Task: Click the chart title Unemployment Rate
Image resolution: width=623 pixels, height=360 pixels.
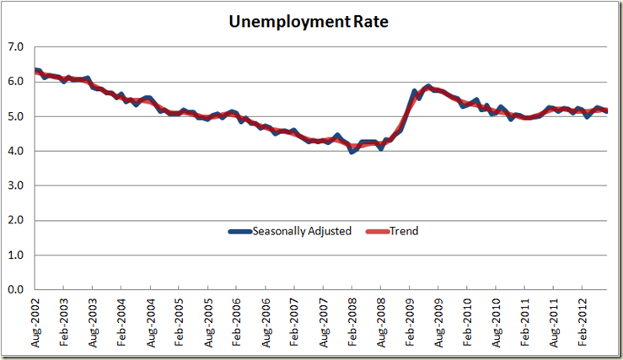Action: point(311,22)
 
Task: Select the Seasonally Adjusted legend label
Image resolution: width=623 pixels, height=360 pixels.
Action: point(301,231)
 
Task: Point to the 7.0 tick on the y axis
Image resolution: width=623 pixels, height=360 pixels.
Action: point(14,46)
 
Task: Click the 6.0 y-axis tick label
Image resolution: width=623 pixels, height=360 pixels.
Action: point(14,82)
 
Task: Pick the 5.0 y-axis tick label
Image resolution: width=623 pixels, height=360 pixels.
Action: point(14,116)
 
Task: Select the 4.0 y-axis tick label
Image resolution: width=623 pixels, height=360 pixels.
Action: point(14,151)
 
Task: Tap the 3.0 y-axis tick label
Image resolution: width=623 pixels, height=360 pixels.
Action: point(14,185)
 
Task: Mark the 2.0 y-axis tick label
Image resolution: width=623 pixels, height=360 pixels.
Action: point(14,220)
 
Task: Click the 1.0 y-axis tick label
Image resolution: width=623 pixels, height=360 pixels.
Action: point(14,255)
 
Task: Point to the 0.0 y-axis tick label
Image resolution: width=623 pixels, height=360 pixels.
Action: point(14,289)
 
